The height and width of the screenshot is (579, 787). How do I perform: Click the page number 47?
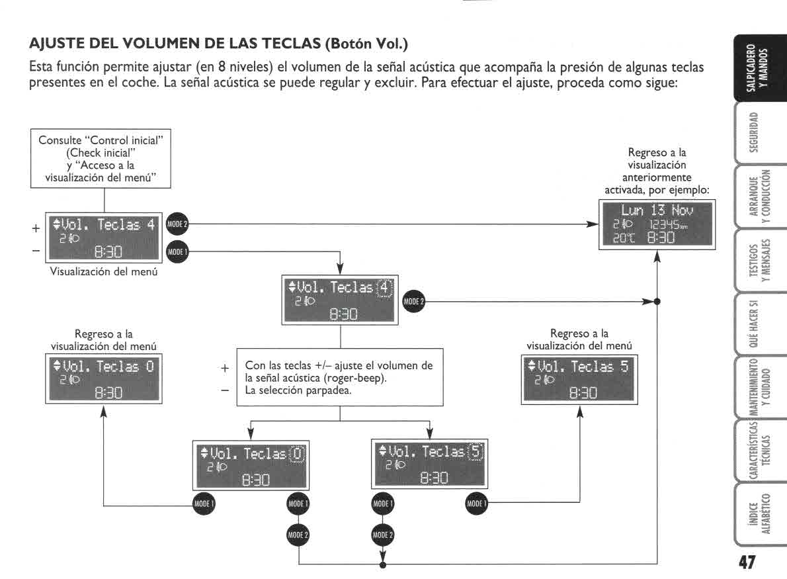pyautogui.click(x=747, y=562)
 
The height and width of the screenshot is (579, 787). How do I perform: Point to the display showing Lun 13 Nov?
pyautogui.click(x=655, y=224)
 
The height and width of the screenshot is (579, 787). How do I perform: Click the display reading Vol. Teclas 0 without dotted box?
pyautogui.click(x=103, y=379)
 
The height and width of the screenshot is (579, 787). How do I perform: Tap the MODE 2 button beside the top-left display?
pyautogui.click(x=177, y=224)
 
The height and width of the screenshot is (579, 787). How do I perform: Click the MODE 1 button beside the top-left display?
pyautogui.click(x=177, y=251)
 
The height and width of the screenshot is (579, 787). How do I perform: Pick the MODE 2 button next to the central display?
pyautogui.click(x=413, y=302)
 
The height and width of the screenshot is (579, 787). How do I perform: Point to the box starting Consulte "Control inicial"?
pyautogui.click(x=104, y=158)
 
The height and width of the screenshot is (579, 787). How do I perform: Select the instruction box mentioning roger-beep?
pyautogui.click(x=340, y=377)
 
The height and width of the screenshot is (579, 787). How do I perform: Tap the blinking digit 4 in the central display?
pyautogui.click(x=384, y=287)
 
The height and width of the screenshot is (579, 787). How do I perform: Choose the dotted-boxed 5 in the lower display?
pyautogui.click(x=476, y=452)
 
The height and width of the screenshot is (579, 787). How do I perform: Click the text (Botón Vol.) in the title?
pyautogui.click(x=366, y=44)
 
